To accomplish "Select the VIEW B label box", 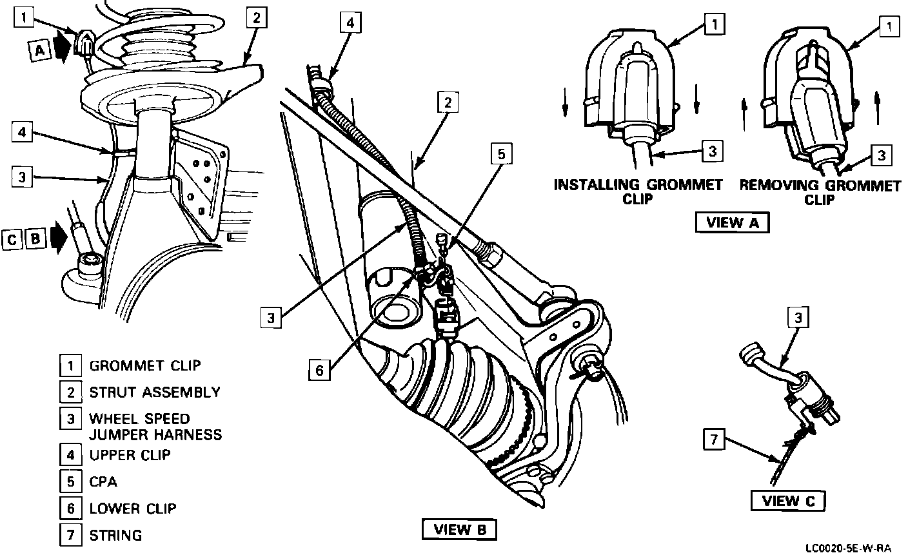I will coord(459,530).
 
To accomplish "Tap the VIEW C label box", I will coord(789,501).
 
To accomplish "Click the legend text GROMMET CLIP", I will coord(145,365).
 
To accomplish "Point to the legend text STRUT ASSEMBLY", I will coord(155,392).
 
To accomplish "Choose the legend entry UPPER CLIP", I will coord(130,454).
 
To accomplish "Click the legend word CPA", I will coord(103,481).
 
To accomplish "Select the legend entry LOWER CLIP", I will coord(132,508).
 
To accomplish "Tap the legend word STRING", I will coord(115,535).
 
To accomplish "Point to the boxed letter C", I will coord(13,239).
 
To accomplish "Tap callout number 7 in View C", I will coord(713,441).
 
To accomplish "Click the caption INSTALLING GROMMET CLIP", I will coord(638,191).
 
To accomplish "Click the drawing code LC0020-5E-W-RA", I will coord(847,548).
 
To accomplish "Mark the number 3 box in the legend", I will coord(70,419).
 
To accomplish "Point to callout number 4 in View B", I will coord(349,24).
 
